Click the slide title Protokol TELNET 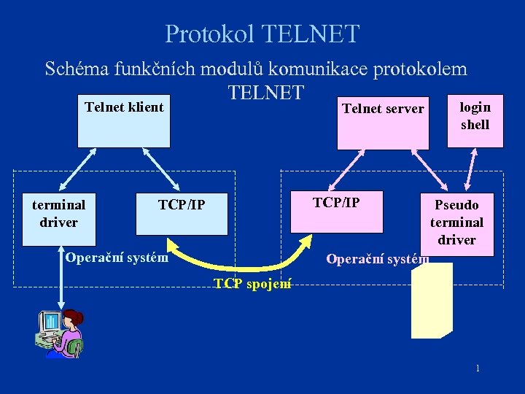pyautogui.click(x=262, y=34)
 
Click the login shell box pyautogui.click(x=475, y=120)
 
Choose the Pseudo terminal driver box pyautogui.click(x=456, y=223)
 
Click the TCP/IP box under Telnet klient pyautogui.click(x=182, y=213)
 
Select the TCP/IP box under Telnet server pyautogui.click(x=336, y=212)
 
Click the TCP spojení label pyautogui.click(x=252, y=283)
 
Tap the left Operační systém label pyautogui.click(x=116, y=257)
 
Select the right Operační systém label pyautogui.click(x=377, y=258)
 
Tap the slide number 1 pyautogui.click(x=478, y=368)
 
